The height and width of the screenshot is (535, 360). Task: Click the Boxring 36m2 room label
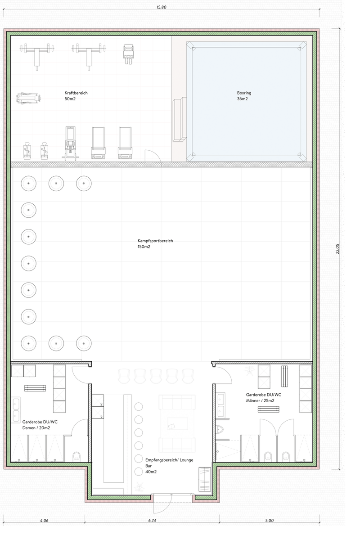(x=244, y=96)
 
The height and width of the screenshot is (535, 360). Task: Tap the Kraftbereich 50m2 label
(x=76, y=96)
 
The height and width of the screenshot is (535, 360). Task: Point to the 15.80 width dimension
(x=162, y=7)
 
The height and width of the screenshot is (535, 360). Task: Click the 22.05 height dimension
(x=337, y=249)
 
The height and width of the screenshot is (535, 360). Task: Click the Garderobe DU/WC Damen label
(x=40, y=425)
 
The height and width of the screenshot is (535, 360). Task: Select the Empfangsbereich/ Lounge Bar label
(x=169, y=466)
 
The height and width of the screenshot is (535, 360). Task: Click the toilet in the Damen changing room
(x=76, y=457)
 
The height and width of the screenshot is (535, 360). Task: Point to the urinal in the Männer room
(x=220, y=429)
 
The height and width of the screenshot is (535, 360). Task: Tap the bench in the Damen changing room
(x=35, y=388)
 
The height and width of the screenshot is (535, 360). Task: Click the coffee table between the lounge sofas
(x=177, y=423)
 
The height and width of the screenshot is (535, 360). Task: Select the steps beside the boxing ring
(x=180, y=119)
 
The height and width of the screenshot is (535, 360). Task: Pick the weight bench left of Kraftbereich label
(x=29, y=98)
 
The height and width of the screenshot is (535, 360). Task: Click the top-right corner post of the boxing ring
(x=302, y=46)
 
